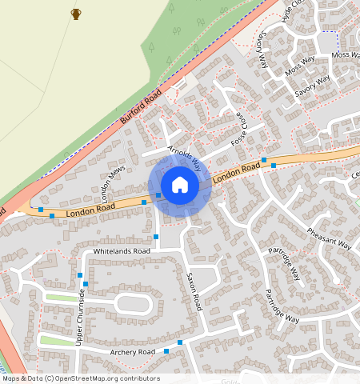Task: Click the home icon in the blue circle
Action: pos(180,185)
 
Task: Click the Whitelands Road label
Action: pos(122,251)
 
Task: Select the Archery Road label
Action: pos(124,352)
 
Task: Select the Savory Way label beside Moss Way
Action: pos(312,86)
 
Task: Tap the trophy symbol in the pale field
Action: pos(76,14)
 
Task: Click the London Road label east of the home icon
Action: pos(238,172)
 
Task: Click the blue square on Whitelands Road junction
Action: pos(156,238)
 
